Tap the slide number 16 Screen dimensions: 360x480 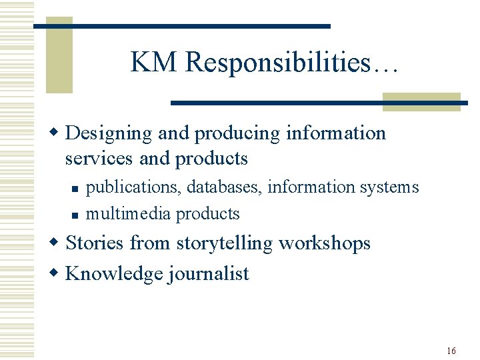(x=451, y=351)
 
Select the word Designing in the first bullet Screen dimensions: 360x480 (x=109, y=133)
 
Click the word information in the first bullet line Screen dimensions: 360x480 (x=336, y=133)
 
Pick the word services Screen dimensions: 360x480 (x=95, y=159)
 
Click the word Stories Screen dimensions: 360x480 (x=95, y=243)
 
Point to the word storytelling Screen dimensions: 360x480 (x=225, y=243)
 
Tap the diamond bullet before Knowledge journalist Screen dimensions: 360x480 (x=57, y=273)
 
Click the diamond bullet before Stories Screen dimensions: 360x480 (x=57, y=243)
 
